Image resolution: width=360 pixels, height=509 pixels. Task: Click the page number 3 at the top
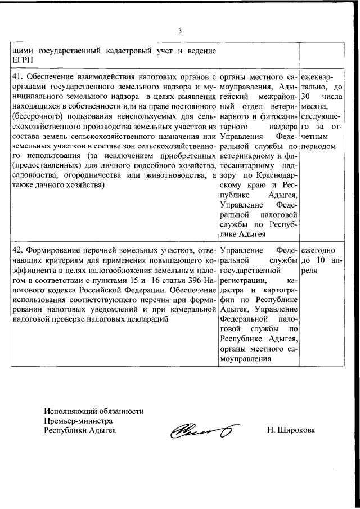click(179, 31)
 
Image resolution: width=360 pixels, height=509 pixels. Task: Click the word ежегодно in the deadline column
click(318, 249)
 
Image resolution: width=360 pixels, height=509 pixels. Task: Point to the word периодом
click(318, 146)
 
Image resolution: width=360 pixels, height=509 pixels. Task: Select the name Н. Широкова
click(291, 431)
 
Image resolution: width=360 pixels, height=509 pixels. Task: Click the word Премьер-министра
click(79, 421)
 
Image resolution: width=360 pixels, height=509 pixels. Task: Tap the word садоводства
click(35, 177)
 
